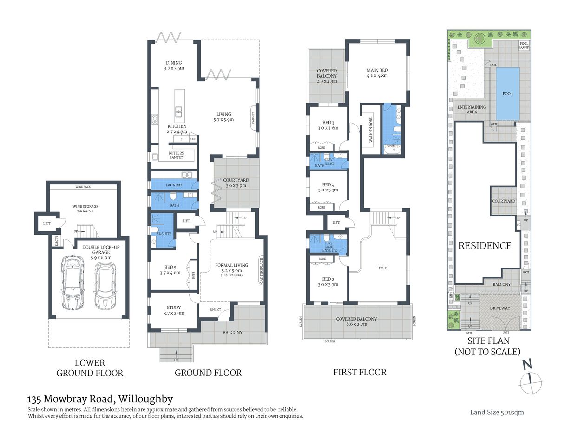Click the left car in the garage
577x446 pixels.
coord(72,284)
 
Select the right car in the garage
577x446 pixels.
coord(105,286)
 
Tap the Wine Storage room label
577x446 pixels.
coord(85,209)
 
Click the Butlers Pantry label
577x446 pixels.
coord(176,155)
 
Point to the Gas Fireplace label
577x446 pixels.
coord(262,271)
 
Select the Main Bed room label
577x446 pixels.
coord(377,73)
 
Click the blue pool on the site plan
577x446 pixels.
coord(507,93)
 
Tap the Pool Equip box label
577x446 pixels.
coord(524,46)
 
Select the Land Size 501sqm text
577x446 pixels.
coord(497,412)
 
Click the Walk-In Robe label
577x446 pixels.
coord(371,130)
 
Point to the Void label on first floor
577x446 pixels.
coord(383,268)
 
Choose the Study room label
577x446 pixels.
coord(174,310)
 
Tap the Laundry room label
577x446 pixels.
coord(174,185)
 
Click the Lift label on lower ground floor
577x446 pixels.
coord(47,223)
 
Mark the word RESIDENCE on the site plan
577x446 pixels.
coord(485,246)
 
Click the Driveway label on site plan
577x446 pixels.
coord(500,308)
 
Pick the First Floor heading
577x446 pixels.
coord(360,372)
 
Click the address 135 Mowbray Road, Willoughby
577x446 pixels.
coord(100,399)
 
